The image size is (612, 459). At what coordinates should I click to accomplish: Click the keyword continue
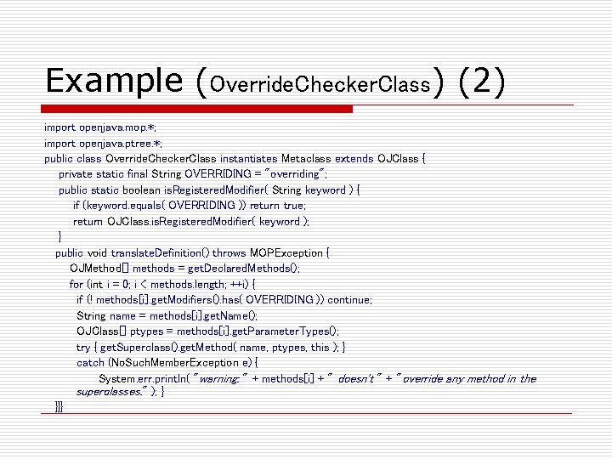[349, 300]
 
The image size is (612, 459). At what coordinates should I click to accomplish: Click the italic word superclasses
[112, 393]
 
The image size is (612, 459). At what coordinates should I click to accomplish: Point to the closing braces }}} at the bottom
[58, 407]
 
